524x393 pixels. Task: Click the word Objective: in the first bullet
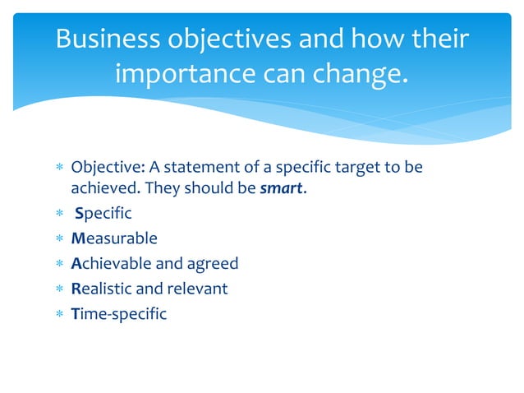(x=105, y=168)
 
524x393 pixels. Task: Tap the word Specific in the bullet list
(x=103, y=214)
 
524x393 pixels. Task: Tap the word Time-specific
(x=119, y=313)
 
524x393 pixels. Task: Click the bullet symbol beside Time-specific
(x=57, y=314)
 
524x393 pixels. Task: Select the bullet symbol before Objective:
(x=57, y=169)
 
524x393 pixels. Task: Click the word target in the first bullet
(x=356, y=168)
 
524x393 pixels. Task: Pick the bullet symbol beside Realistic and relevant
(x=57, y=289)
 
